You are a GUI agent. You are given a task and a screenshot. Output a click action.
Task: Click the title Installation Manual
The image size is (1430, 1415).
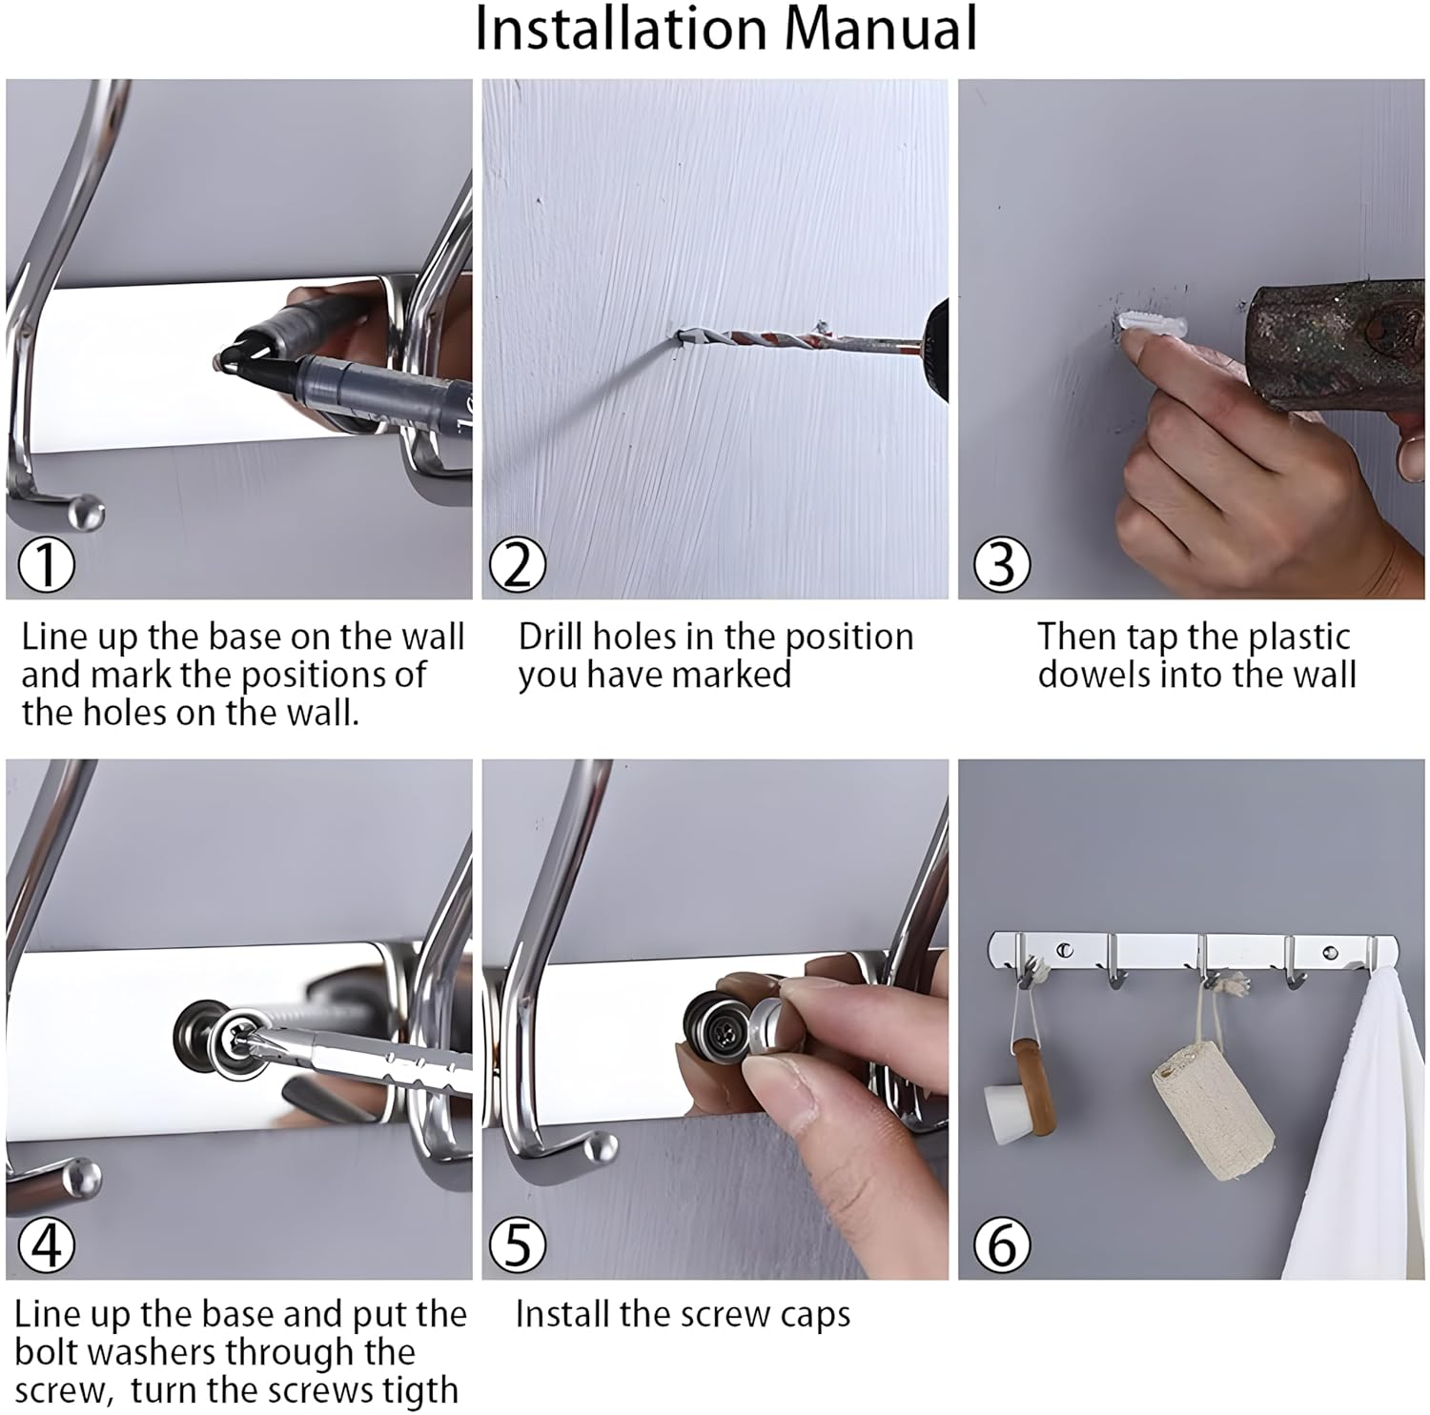[x=725, y=30]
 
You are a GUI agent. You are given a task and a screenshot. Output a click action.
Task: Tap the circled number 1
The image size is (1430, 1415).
[x=47, y=564]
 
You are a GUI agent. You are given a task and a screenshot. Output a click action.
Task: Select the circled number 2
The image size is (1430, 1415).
[x=518, y=564]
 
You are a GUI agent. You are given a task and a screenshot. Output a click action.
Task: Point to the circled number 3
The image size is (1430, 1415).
[x=1002, y=564]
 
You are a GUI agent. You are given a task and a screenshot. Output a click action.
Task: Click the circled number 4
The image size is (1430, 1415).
[x=47, y=1244]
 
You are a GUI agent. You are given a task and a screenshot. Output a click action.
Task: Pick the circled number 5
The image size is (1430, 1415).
[x=518, y=1244]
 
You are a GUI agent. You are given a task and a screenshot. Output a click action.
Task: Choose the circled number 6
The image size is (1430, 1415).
[x=1002, y=1244]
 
